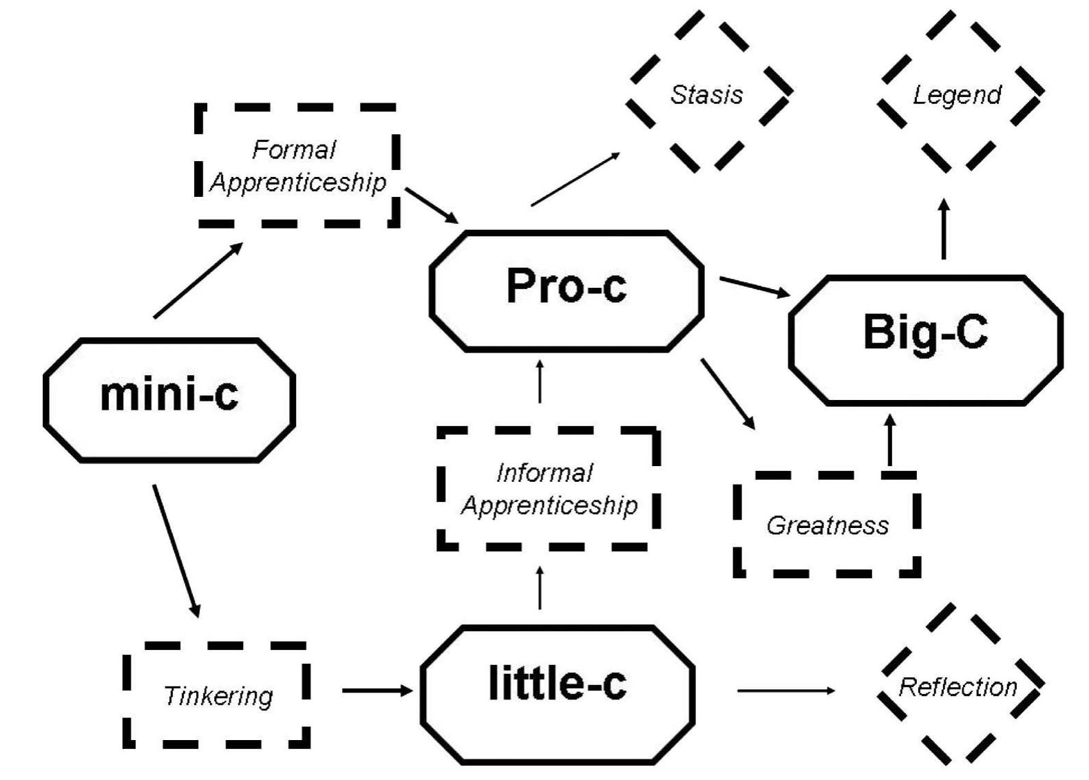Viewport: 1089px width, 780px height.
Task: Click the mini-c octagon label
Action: (x=169, y=395)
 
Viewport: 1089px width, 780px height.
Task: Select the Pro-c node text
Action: (x=566, y=286)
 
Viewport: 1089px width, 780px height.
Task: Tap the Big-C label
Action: (x=925, y=332)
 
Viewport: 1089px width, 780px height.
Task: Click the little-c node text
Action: (x=557, y=684)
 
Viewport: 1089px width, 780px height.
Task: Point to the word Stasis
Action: (x=707, y=94)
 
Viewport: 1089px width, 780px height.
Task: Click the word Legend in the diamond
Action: (x=957, y=94)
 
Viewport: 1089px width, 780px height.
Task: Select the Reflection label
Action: (x=958, y=687)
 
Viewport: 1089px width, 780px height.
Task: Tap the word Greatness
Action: (x=827, y=525)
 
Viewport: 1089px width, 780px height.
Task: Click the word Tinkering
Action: (x=218, y=696)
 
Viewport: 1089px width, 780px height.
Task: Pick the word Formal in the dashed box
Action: (x=294, y=149)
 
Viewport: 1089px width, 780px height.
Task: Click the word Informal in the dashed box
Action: (x=544, y=473)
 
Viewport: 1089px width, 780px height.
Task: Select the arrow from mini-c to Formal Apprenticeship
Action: (x=198, y=280)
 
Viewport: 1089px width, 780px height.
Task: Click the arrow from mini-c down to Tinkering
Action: (x=176, y=551)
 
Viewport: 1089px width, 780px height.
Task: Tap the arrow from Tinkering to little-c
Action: (x=377, y=691)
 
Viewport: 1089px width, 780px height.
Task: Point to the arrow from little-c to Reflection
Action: (x=785, y=690)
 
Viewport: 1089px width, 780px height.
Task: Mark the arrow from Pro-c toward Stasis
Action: (x=575, y=180)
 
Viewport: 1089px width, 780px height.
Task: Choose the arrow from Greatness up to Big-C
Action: (x=890, y=441)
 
